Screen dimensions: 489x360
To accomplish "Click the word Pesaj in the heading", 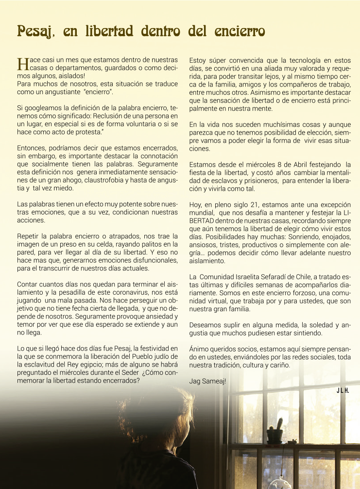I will click(33, 32).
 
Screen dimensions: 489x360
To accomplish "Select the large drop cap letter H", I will click(22, 64).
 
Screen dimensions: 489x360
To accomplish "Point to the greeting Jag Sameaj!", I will click(207, 381).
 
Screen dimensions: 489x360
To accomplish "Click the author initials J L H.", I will click(343, 390).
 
